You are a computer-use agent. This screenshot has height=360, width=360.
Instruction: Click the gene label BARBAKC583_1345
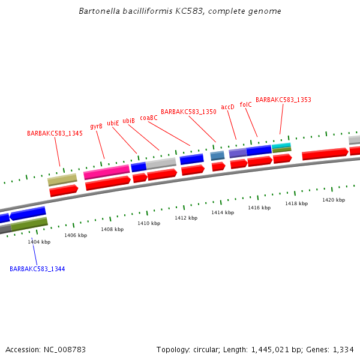pyautogui.click(x=55, y=133)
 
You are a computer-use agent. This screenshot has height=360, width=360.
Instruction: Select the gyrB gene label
pyautogui.click(x=96, y=127)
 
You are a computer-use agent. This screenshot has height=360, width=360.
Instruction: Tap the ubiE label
pyautogui.click(x=113, y=124)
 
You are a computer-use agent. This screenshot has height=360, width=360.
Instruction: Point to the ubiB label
pyautogui.click(x=128, y=121)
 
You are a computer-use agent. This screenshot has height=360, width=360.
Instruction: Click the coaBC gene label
pyautogui.click(x=149, y=118)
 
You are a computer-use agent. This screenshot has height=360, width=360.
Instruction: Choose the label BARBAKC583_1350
pyautogui.click(x=188, y=112)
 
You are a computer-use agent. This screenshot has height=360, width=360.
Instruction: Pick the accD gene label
pyautogui.click(x=227, y=107)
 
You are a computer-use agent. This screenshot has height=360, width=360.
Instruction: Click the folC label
pyautogui.click(x=245, y=104)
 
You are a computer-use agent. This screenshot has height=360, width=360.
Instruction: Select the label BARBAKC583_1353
pyautogui.click(x=283, y=100)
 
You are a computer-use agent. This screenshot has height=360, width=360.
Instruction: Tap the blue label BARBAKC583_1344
pyautogui.click(x=37, y=269)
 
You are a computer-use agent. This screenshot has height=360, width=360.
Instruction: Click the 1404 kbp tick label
pyautogui.click(x=39, y=242)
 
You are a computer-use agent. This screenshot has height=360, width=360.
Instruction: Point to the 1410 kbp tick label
pyautogui.click(x=149, y=223)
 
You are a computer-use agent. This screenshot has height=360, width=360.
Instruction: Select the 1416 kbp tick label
pyautogui.click(x=259, y=208)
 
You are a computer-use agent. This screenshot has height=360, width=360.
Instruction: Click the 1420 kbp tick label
pyautogui.click(x=334, y=200)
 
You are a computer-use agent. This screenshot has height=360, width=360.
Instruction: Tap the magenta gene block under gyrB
pyautogui.click(x=107, y=173)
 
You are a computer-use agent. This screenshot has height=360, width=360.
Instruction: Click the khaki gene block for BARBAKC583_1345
pyautogui.click(x=62, y=179)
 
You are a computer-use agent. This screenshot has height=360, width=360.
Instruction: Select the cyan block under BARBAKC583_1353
pyautogui.click(x=281, y=145)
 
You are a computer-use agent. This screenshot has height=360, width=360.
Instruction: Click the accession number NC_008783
pyautogui.click(x=64, y=349)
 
